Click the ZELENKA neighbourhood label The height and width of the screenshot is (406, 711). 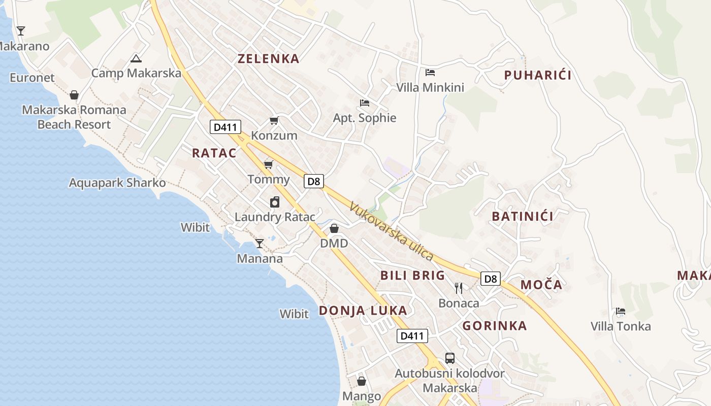[269, 59]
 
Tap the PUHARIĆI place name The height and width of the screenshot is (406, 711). [538, 76]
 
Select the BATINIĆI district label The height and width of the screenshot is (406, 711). [523, 216]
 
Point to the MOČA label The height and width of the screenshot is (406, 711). [541, 285]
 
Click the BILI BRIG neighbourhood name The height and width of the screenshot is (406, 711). [412, 276]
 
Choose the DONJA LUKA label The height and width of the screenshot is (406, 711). [363, 311]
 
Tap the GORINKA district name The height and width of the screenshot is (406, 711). [495, 326]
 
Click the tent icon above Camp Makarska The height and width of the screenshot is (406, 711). [136, 59]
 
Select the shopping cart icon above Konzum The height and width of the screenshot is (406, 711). [274, 121]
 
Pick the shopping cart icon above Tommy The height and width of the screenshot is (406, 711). [269, 164]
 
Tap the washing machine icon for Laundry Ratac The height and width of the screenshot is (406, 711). [275, 202]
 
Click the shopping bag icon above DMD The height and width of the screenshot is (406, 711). [334, 228]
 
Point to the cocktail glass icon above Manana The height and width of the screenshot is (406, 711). [260, 244]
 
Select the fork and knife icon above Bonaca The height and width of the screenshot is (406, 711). [459, 288]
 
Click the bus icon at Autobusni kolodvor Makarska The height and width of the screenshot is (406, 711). [450, 358]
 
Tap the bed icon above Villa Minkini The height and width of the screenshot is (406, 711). [430, 73]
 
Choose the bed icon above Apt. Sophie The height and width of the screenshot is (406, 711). [364, 103]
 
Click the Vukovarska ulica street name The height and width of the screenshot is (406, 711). [392, 231]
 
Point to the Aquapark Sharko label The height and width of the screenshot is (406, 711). [117, 183]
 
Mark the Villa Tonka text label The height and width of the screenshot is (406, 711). [621, 326]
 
